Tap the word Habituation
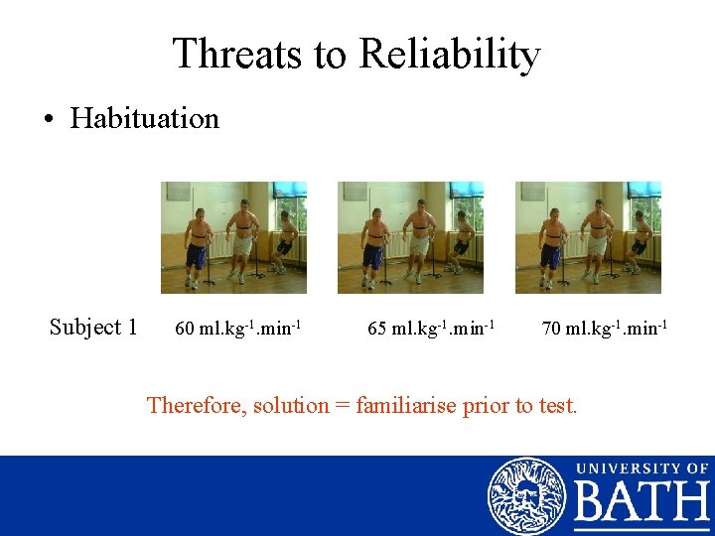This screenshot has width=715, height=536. [145, 119]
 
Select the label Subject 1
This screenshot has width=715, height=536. [93, 327]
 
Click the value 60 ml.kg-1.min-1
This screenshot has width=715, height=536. [238, 327]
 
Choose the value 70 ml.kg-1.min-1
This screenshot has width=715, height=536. [604, 327]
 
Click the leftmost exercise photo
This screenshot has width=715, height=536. [234, 237]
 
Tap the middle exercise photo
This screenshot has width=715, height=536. [410, 237]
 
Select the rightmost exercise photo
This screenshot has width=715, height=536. [588, 237]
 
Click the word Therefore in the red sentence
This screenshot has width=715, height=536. [197, 405]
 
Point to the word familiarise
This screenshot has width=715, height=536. [406, 405]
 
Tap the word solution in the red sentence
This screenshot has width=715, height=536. [291, 405]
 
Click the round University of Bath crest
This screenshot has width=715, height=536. [526, 495]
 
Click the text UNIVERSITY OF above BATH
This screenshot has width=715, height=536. [642, 469]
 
